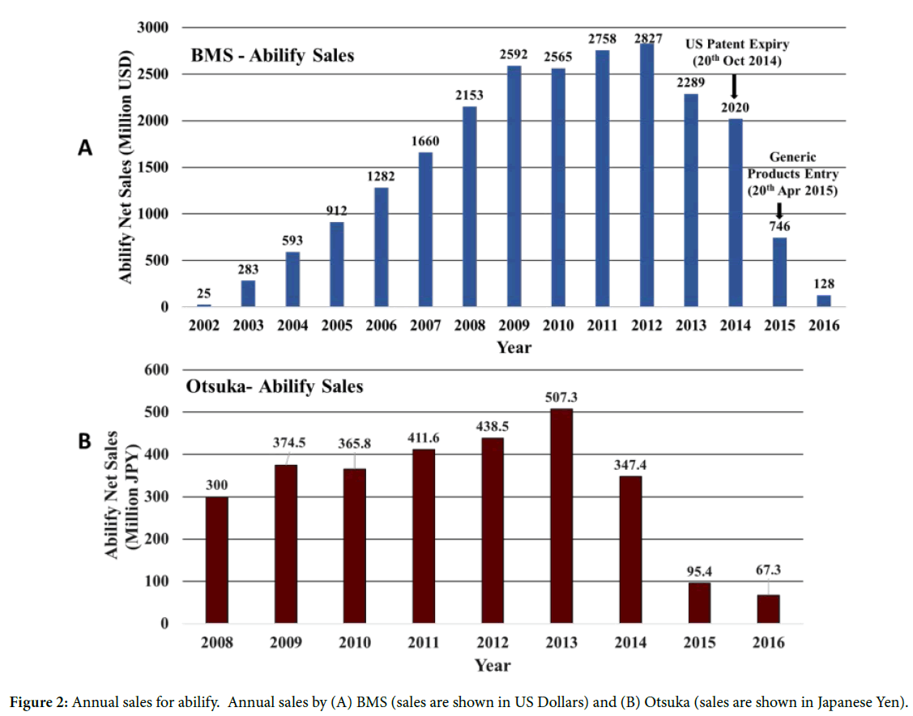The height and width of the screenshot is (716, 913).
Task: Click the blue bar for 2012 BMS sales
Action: point(646,175)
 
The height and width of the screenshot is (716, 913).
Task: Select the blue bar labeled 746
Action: point(779,272)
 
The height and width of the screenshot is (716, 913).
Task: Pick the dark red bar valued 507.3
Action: point(561,516)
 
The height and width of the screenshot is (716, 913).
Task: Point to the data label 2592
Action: point(514,54)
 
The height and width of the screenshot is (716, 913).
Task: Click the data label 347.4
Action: point(629,465)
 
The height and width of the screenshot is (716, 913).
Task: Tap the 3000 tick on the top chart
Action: point(151,28)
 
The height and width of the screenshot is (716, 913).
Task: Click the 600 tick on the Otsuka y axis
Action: point(156,370)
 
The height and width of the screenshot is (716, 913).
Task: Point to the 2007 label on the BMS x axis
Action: point(425,326)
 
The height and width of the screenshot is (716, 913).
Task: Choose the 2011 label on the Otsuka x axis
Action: point(424,642)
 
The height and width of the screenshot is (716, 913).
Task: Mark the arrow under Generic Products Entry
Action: point(779,210)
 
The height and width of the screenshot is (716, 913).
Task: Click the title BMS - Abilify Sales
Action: point(272,57)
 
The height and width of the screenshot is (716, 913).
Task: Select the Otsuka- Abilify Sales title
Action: point(275,386)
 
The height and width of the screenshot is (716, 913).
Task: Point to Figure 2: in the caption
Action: point(38,701)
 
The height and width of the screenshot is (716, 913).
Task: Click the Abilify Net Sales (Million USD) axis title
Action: point(126,168)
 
